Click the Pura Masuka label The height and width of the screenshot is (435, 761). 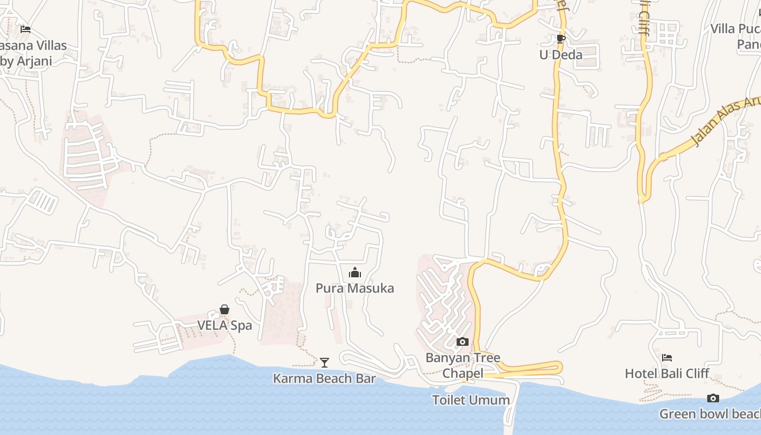(354, 288)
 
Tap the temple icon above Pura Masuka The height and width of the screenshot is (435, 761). (355, 272)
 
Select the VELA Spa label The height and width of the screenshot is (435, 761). (224, 326)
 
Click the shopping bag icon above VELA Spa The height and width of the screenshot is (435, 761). (224, 309)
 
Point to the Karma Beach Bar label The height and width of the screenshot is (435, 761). (324, 378)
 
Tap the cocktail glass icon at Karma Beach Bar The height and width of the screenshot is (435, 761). (325, 362)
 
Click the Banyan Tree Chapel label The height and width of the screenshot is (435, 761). (463, 365)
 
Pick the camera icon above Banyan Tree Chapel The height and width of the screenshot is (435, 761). (463, 341)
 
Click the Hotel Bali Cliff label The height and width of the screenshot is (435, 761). (667, 374)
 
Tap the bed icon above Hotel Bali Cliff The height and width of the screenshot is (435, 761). (667, 357)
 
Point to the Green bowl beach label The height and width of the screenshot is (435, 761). (710, 414)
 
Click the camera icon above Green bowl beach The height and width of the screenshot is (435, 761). (713, 398)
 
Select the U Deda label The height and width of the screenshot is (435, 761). (560, 55)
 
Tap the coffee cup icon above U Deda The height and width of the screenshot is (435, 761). (561, 39)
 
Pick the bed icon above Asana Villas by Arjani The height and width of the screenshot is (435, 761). (25, 29)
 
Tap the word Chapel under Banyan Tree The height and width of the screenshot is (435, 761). (463, 373)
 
